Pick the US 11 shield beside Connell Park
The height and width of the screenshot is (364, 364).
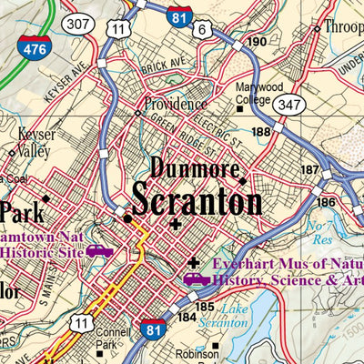coord(83,323)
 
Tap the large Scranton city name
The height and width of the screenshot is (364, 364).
coord(196,199)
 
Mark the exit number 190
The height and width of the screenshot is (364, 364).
coord(256,41)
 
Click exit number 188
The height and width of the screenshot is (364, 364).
coord(263,132)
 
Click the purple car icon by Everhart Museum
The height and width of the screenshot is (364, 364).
coord(194,279)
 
